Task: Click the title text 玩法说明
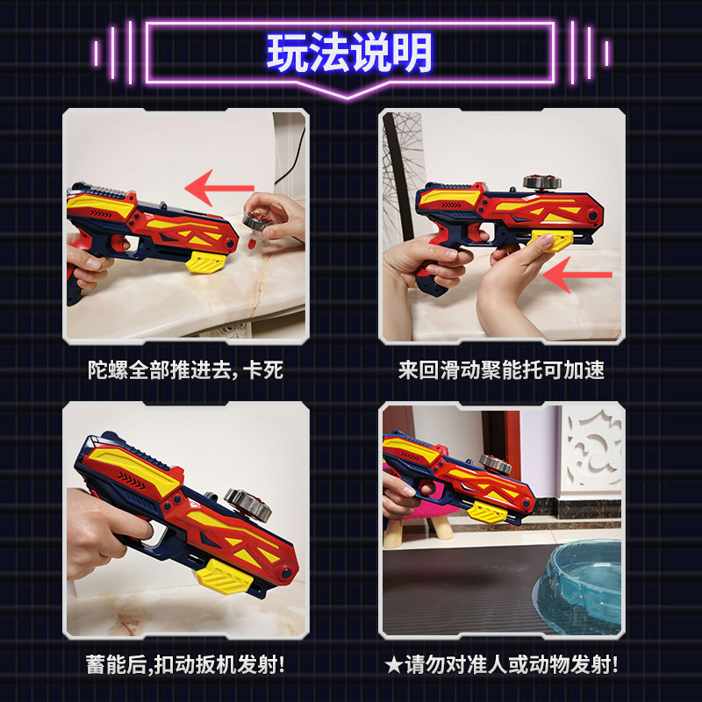click(349, 53)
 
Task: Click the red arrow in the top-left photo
click(219, 188)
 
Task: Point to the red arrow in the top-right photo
click(577, 275)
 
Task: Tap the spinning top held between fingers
click(258, 222)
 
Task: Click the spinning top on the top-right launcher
click(542, 182)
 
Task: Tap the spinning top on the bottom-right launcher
click(495, 464)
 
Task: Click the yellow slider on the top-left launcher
click(205, 261)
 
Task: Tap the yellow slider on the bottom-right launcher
click(487, 512)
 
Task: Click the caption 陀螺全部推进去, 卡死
click(185, 370)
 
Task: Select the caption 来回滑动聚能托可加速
click(501, 370)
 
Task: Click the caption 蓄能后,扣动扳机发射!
click(185, 664)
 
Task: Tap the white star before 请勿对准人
click(393, 665)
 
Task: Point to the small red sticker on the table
click(252, 244)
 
